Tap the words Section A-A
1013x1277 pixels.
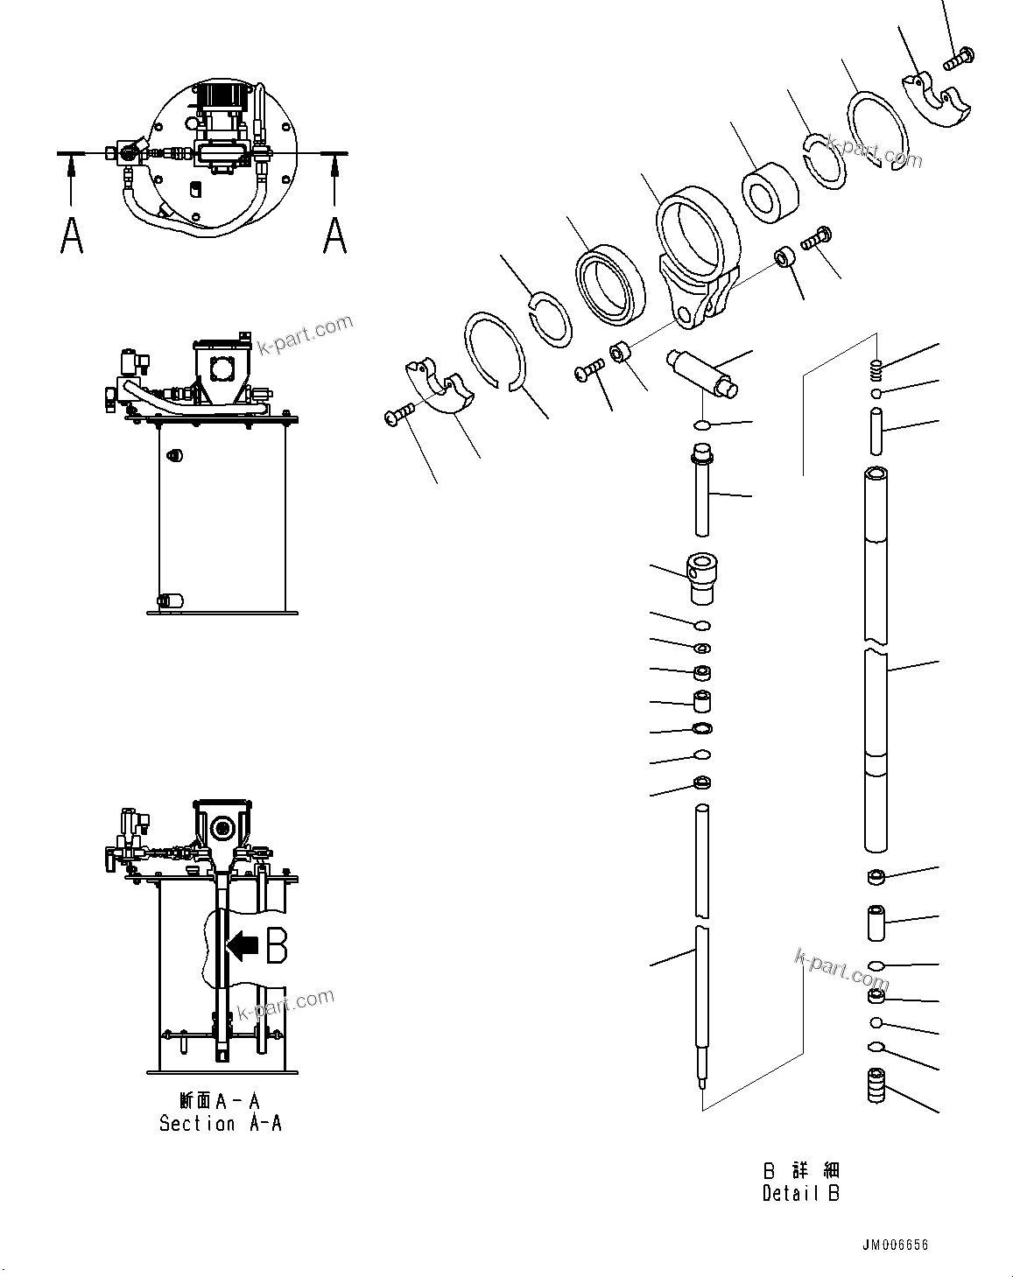coord(221,1123)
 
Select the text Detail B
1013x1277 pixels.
coord(800,1193)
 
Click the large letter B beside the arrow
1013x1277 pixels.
coord(277,946)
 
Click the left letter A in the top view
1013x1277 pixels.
coord(72,235)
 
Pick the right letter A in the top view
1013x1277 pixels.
coord(334,235)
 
